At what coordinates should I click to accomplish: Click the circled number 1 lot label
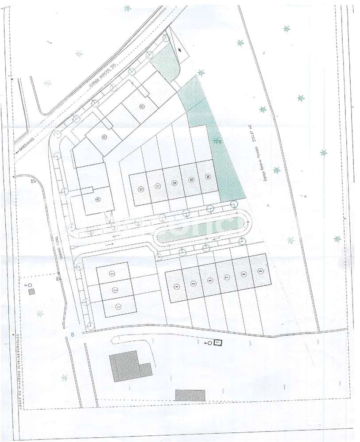[118, 306]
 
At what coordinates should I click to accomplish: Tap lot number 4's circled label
[177, 287]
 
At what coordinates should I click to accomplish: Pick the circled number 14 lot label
[207, 177]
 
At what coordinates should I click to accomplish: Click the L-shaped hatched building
[128, 366]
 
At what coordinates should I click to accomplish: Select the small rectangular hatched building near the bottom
[190, 395]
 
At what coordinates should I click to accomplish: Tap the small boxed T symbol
[217, 342]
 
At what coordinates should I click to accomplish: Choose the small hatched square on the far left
[31, 292]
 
